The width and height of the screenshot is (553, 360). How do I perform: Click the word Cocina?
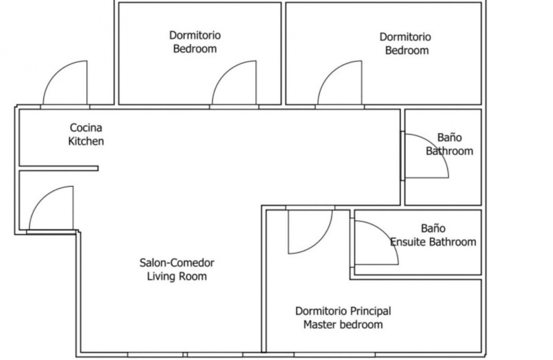pyautogui.click(x=86, y=128)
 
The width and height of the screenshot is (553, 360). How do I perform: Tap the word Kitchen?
pyautogui.click(x=86, y=141)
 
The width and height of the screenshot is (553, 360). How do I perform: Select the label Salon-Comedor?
pyautogui.click(x=177, y=263)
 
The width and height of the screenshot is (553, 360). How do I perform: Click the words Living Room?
pyautogui.click(x=177, y=276)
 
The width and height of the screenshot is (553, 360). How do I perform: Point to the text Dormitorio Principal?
pyautogui.click(x=343, y=311)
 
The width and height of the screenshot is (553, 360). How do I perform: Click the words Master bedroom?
pyautogui.click(x=343, y=325)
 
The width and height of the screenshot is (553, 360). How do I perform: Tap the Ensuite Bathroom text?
pyautogui.click(x=433, y=242)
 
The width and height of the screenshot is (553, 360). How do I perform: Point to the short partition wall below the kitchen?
pyautogui.click(x=59, y=168)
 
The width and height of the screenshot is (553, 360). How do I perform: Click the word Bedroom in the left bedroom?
pyautogui.click(x=195, y=49)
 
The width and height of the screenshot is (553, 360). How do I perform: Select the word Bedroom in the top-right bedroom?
pyautogui.click(x=407, y=51)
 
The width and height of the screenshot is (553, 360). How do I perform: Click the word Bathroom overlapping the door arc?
pyautogui.click(x=450, y=151)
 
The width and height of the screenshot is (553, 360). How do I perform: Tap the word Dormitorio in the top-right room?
pyautogui.click(x=405, y=37)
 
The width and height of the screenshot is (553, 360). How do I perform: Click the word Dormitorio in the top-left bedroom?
pyautogui.click(x=195, y=35)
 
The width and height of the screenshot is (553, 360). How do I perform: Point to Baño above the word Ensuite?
pyautogui.click(x=433, y=228)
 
